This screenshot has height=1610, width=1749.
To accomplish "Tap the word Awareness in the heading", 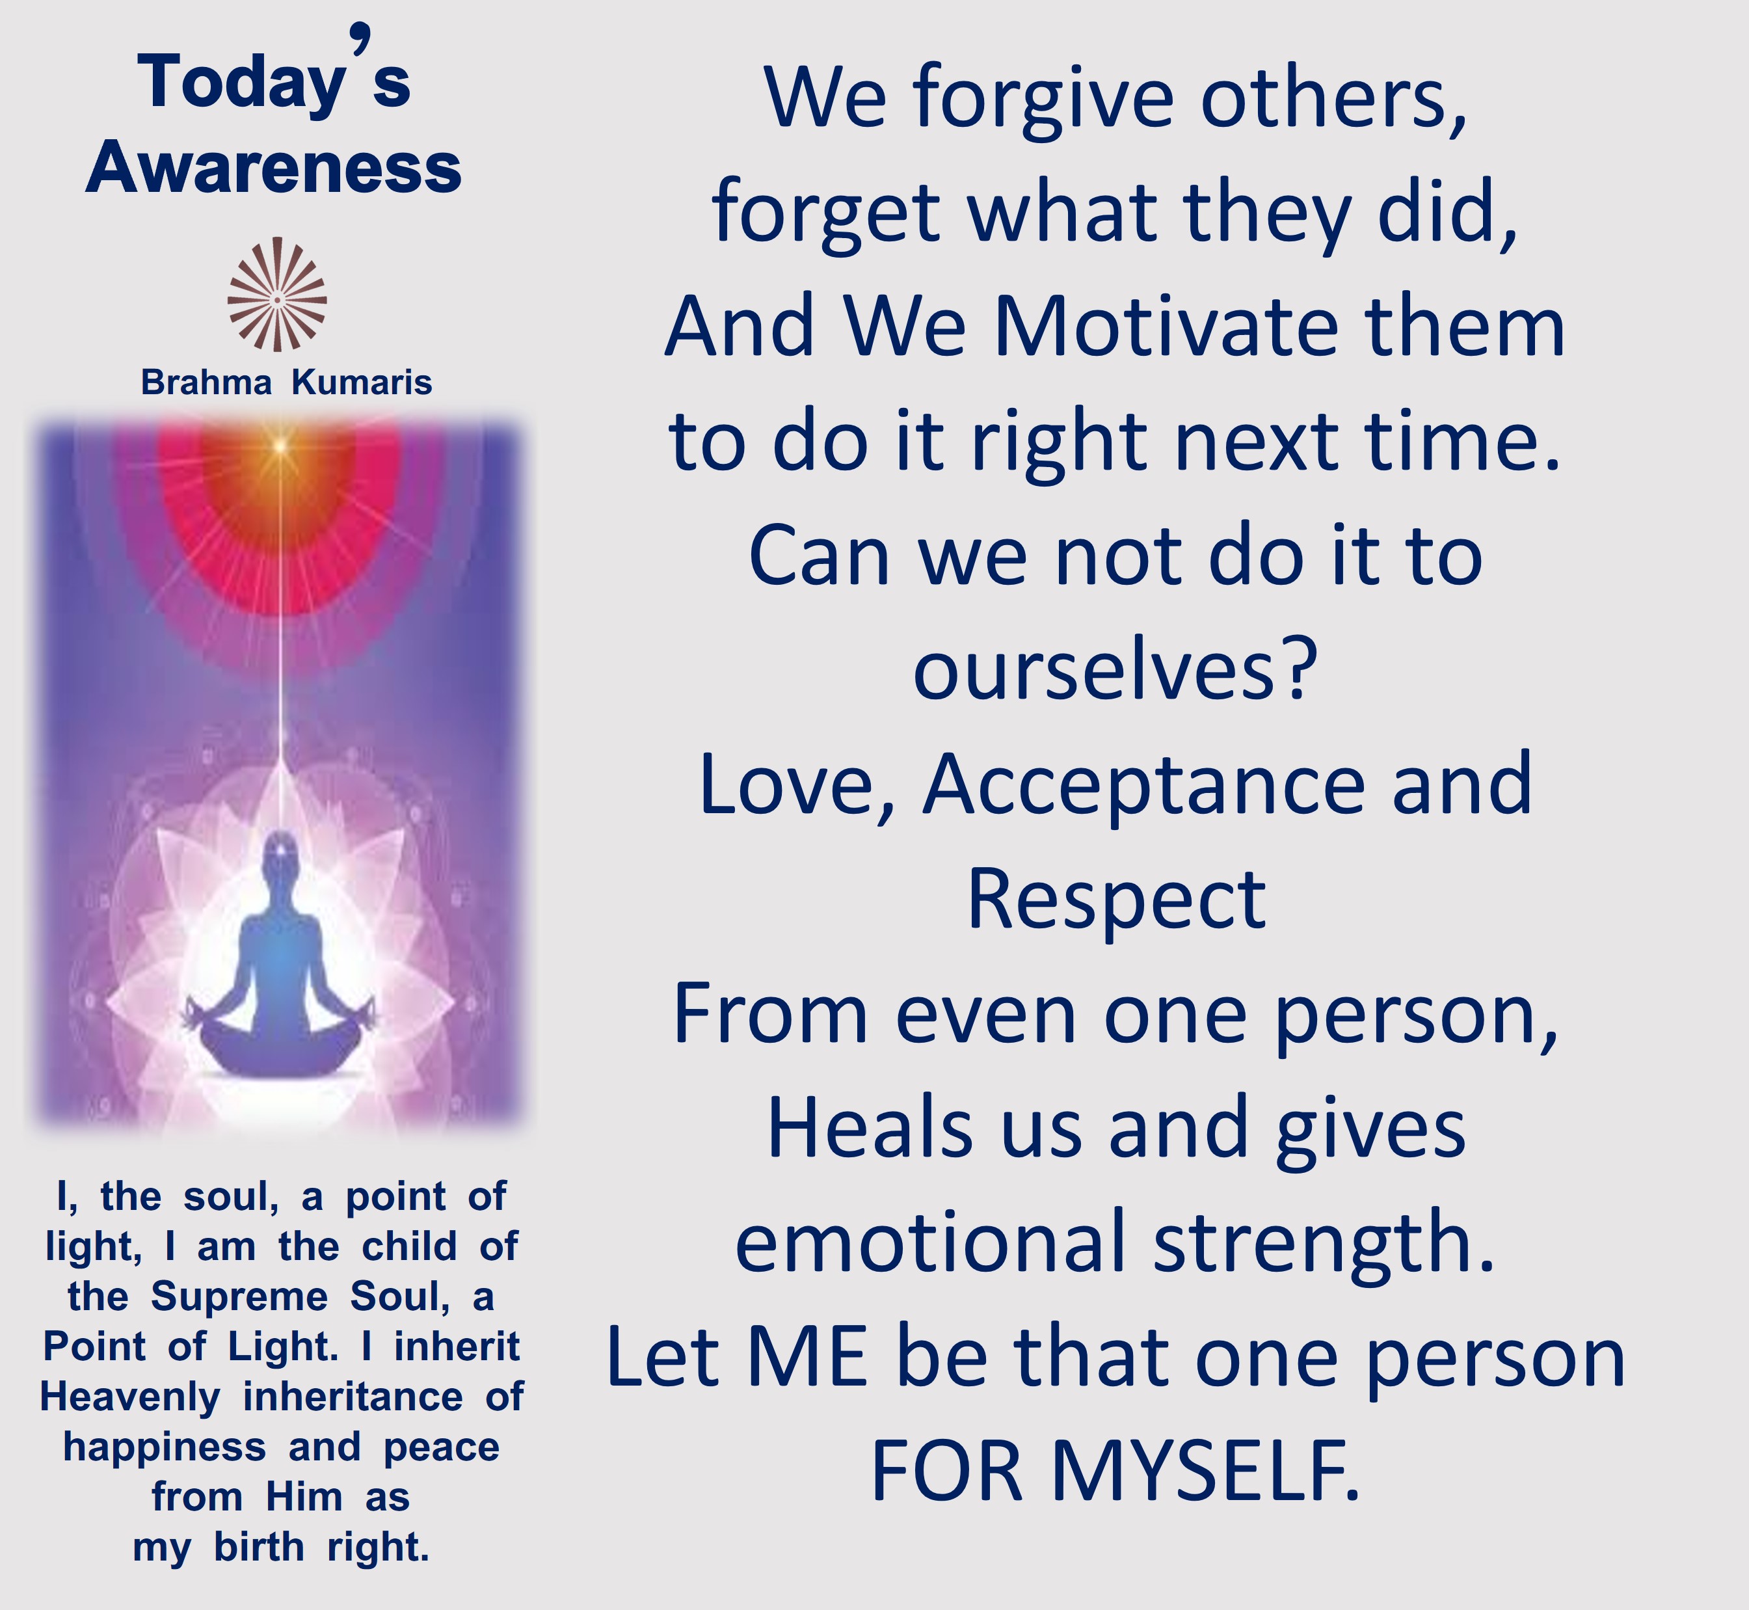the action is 273,167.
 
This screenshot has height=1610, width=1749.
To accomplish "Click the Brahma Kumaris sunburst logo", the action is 277,295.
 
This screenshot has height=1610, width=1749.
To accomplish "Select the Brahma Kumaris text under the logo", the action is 287,382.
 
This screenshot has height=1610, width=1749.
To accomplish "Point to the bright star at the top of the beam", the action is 280,446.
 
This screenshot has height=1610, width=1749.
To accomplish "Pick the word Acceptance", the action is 1143,786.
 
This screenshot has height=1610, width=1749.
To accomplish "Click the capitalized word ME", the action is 807,1358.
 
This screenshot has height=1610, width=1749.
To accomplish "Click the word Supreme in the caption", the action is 239,1296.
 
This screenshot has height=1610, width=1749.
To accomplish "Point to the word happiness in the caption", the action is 165,1448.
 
